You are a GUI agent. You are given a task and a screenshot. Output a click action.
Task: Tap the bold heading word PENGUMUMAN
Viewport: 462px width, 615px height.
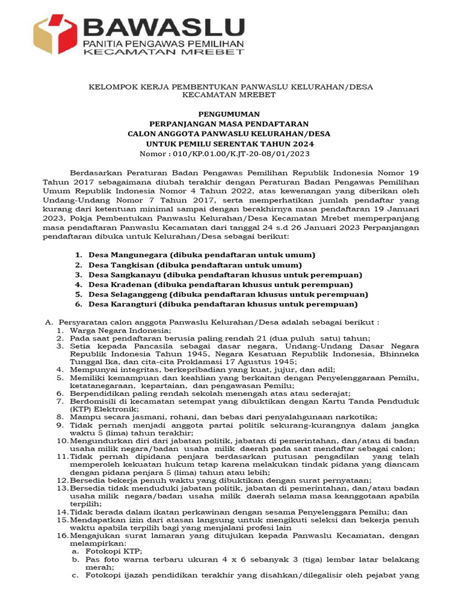(230, 113)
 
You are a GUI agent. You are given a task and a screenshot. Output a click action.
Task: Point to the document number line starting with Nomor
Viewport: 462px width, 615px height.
(231, 154)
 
